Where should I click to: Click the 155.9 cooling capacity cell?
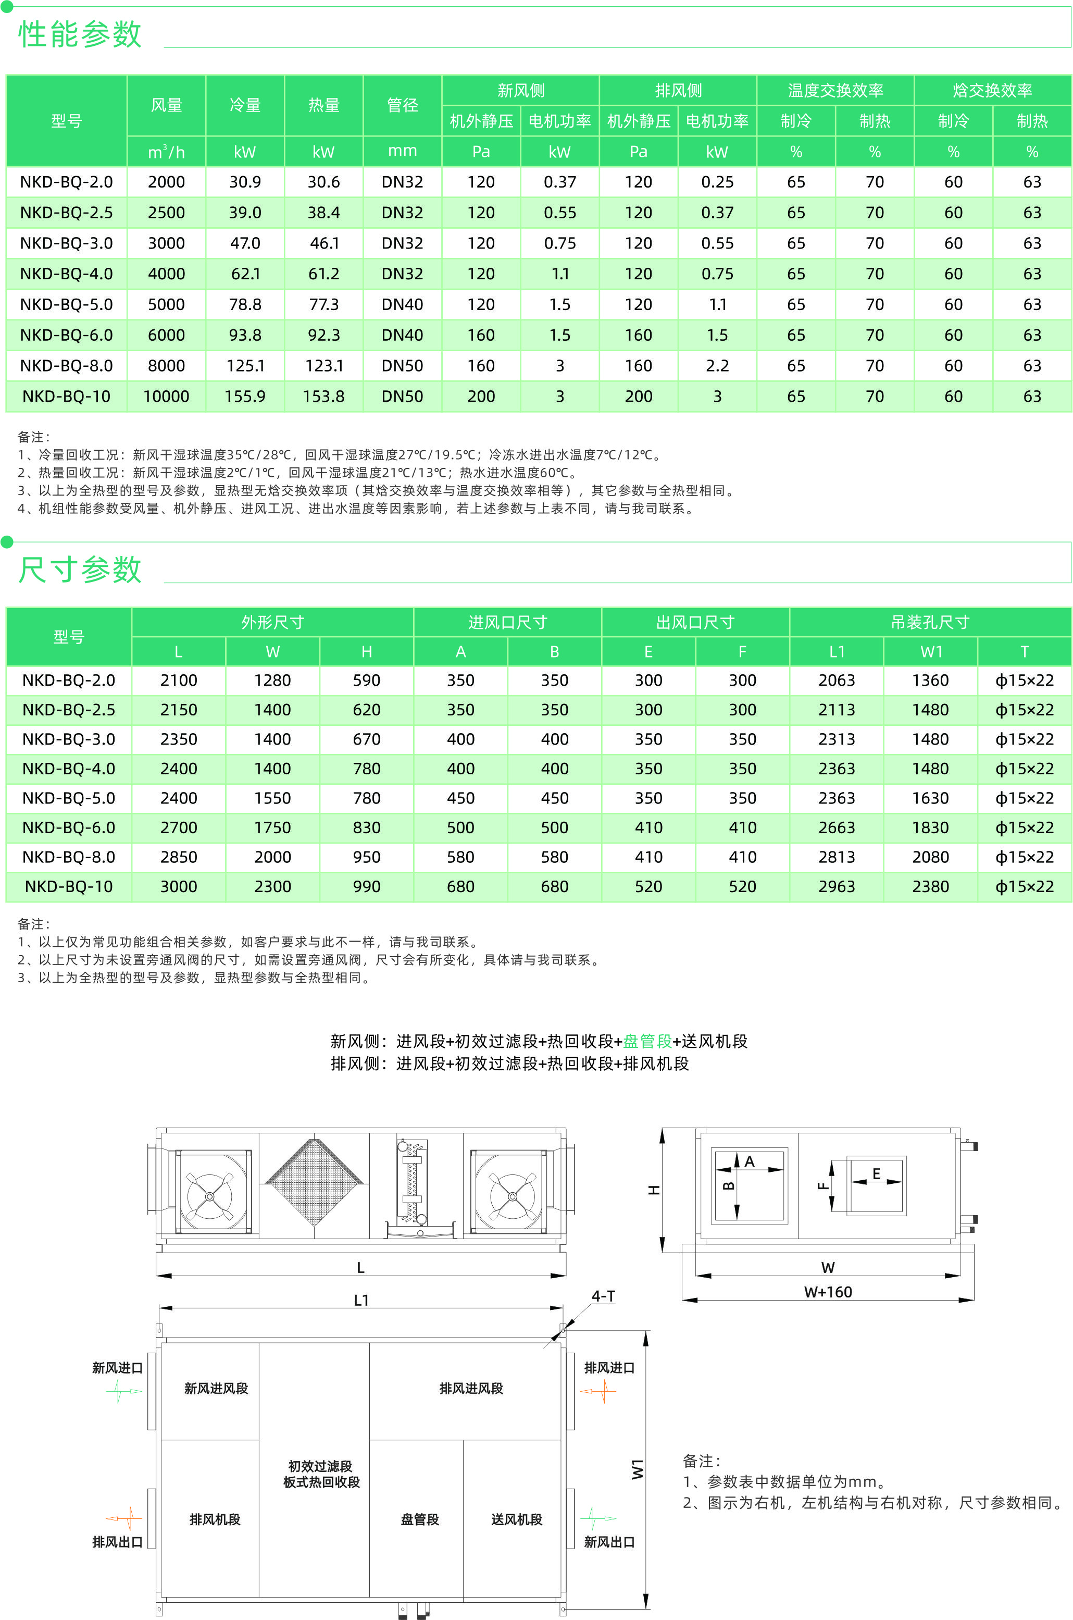pyautogui.click(x=245, y=397)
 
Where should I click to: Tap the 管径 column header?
pyautogui.click(x=402, y=105)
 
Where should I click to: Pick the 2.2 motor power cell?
pyautogui.click(x=717, y=365)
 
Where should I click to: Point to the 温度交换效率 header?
pyautogui.click(x=835, y=90)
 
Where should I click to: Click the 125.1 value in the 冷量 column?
pyautogui.click(x=245, y=365)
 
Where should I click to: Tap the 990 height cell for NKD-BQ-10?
pyautogui.click(x=367, y=886)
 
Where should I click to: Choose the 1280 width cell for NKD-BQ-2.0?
pyautogui.click(x=272, y=681)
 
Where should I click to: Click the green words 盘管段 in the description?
pyautogui.click(x=647, y=1041)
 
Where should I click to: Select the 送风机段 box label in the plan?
pyautogui.click(x=517, y=1519)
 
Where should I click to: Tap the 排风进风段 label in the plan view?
pyautogui.click(x=471, y=1388)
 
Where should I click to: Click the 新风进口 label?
pyautogui.click(x=117, y=1367)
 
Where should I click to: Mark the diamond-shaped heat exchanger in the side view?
pyautogui.click(x=314, y=1182)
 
